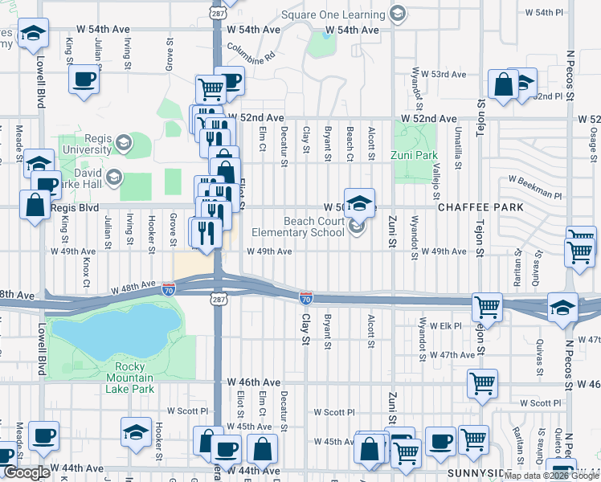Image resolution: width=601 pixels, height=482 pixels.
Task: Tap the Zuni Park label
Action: pyautogui.click(x=415, y=155)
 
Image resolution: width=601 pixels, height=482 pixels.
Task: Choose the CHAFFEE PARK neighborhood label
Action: pyautogui.click(x=480, y=207)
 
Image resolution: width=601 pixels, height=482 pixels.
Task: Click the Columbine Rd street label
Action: pyautogui.click(x=251, y=52)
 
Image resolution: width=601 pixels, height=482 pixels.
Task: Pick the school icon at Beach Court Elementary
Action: pyautogui.click(x=359, y=202)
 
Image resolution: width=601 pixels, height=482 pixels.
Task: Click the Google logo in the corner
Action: pyautogui.click(x=27, y=472)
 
